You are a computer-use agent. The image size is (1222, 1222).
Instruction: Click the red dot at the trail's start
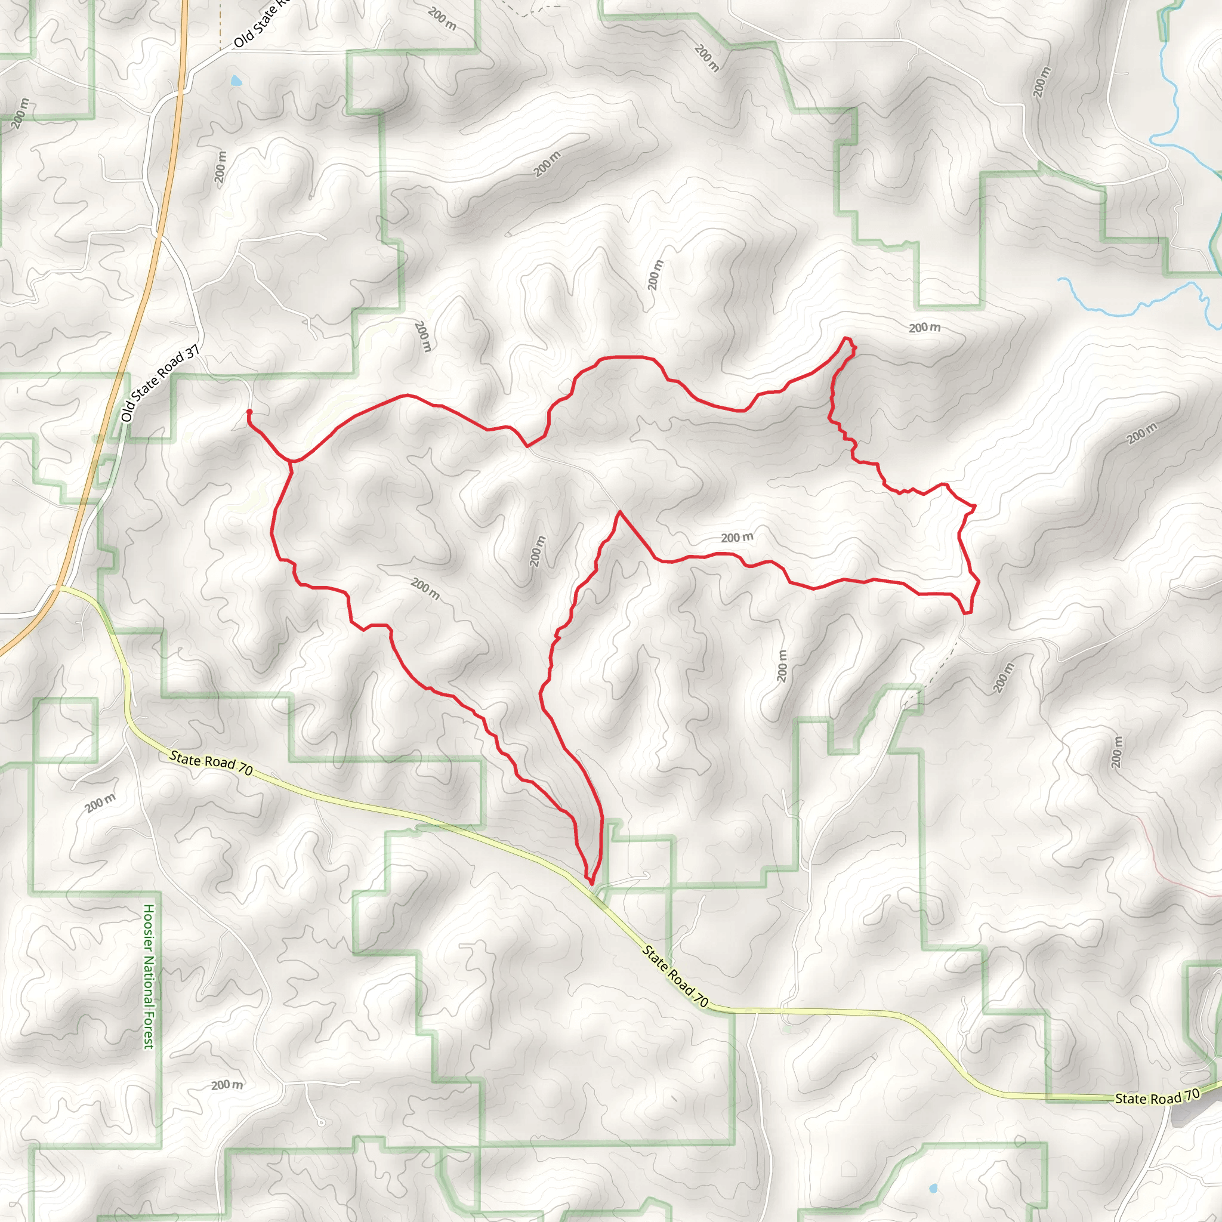[249, 412]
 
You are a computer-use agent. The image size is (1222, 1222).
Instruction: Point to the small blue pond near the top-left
[236, 81]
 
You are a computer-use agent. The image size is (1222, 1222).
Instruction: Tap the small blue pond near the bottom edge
[933, 1189]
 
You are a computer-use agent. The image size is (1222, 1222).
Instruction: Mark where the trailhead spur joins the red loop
[291, 462]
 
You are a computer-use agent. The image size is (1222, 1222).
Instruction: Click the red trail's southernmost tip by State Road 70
[591, 883]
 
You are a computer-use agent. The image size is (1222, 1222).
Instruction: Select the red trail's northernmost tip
[846, 339]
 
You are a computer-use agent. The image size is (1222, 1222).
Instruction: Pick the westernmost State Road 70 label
[211, 763]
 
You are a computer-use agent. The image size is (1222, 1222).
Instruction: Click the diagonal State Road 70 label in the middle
[675, 976]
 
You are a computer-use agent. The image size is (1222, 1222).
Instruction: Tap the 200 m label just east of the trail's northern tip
[924, 328]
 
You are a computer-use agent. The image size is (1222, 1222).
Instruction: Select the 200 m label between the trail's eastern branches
[737, 538]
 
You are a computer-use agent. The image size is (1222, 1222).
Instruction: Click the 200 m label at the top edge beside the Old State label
[442, 18]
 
